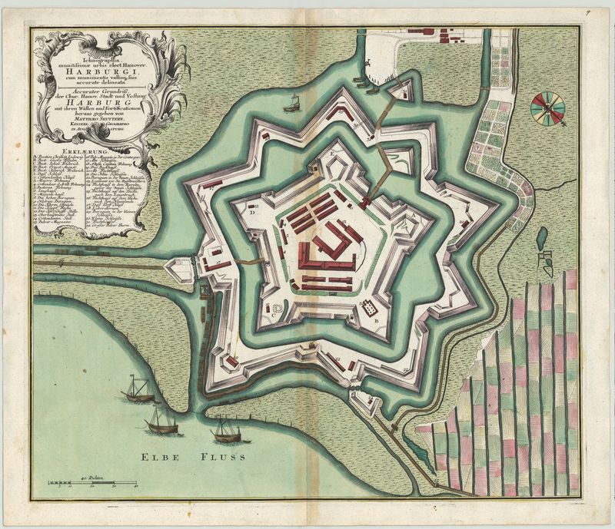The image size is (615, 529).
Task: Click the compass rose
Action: click(x=547, y=107)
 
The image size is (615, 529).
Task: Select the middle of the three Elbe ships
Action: click(x=162, y=421)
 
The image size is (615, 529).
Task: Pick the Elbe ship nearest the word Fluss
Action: click(x=229, y=431)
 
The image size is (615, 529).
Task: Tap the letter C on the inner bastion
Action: click(x=272, y=315)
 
